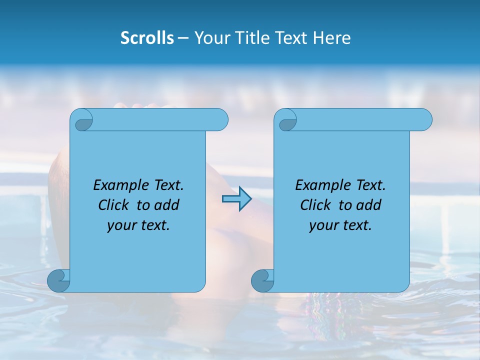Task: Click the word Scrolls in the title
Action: point(147,38)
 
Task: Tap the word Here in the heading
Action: point(332,38)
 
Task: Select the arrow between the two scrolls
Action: point(236,199)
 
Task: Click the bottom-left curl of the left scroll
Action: point(58,281)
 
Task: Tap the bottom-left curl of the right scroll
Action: point(262,281)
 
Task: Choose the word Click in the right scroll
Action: point(315,205)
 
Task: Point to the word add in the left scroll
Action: point(167,205)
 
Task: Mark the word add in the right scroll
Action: point(369,205)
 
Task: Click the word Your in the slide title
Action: point(209,38)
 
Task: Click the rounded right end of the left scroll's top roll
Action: point(220,120)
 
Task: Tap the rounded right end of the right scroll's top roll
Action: point(424,120)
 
